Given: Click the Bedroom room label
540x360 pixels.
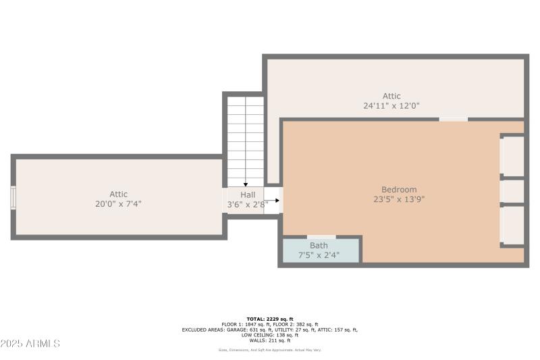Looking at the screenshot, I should pyautogui.click(x=399, y=190).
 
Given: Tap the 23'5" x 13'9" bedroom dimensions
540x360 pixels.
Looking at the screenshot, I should pyautogui.click(x=399, y=199).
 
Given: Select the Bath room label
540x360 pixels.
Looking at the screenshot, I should pyautogui.click(x=319, y=245).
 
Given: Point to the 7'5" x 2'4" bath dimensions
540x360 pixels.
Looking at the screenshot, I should pyautogui.click(x=319, y=255).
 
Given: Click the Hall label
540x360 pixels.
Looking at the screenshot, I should pyautogui.click(x=247, y=194).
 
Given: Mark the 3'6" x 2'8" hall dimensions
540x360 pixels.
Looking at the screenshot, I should pyautogui.click(x=244, y=203).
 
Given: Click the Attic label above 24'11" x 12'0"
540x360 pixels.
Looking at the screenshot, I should pyautogui.click(x=391, y=96).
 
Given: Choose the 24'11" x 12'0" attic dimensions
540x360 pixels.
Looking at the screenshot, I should pyautogui.click(x=391, y=105).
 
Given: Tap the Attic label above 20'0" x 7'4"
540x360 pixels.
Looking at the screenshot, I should pyautogui.click(x=119, y=195).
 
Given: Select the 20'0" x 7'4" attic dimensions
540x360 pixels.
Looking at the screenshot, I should pyautogui.click(x=119, y=204).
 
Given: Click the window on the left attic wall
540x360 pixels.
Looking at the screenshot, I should pyautogui.click(x=13, y=198).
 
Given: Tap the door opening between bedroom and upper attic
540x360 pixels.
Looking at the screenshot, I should pyautogui.click(x=453, y=120).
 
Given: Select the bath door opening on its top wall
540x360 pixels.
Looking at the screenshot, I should pyautogui.click(x=321, y=237).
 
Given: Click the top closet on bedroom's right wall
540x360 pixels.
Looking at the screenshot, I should pyautogui.click(x=513, y=156).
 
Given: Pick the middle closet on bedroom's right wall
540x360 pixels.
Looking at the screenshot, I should pyautogui.click(x=513, y=191).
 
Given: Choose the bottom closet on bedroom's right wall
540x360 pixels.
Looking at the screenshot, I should pyautogui.click(x=513, y=225).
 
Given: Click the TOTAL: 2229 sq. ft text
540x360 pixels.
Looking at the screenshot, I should pyautogui.click(x=269, y=319).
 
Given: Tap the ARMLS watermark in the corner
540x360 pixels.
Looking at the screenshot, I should pyautogui.click(x=30, y=344).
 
